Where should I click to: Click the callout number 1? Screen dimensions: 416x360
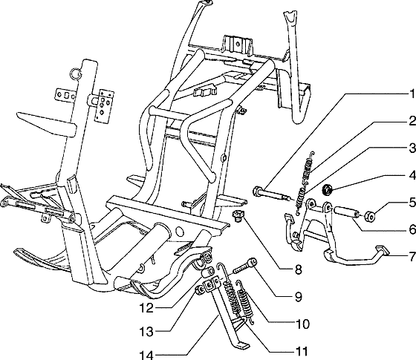(412, 94)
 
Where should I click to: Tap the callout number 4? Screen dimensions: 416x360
(412, 176)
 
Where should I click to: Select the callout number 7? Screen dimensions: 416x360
(412, 257)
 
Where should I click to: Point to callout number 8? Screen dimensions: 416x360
(298, 270)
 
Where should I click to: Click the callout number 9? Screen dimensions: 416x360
(299, 297)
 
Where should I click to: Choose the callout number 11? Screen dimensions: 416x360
(302, 352)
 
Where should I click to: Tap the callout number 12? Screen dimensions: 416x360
(147, 308)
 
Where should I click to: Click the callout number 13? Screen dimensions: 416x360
(147, 332)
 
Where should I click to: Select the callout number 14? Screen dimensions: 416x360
(147, 355)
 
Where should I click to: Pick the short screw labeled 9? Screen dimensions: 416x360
(245, 266)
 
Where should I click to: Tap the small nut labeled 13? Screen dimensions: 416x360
(199, 290)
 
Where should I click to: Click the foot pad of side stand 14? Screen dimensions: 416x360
(243, 345)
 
